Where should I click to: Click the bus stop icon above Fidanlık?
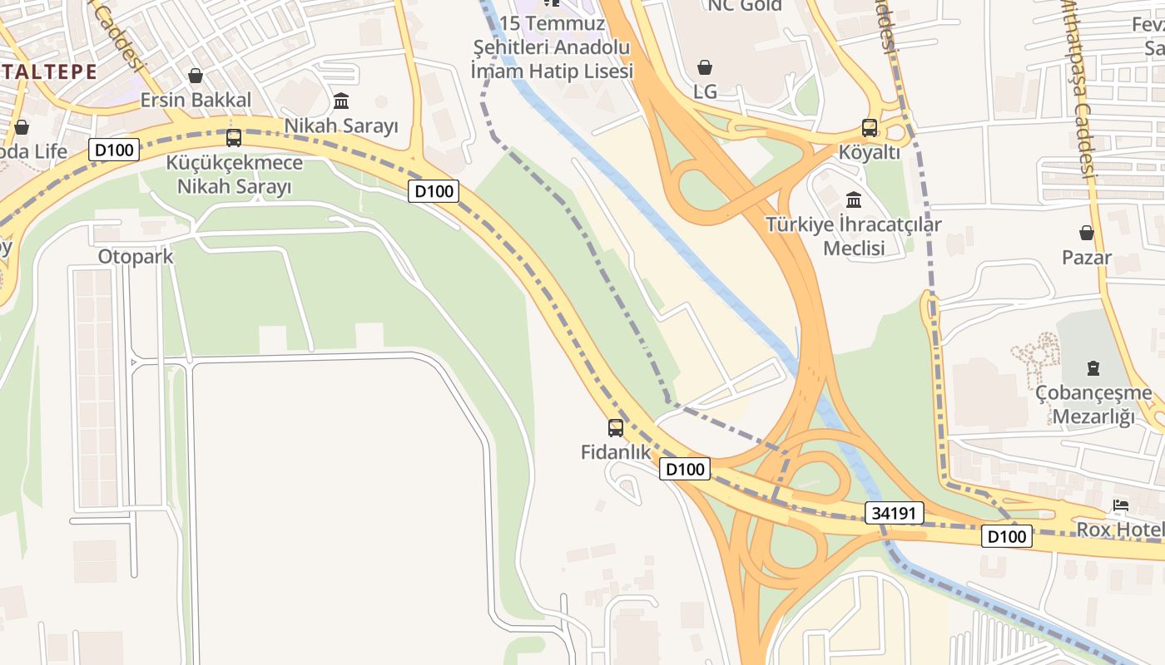pyautogui.click(x=615, y=428)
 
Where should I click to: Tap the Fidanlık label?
pyautogui.click(x=615, y=452)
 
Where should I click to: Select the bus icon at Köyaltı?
pyautogui.click(x=870, y=128)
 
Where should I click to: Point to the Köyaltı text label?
pyautogui.click(x=870, y=152)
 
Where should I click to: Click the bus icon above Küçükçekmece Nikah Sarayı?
pyautogui.click(x=234, y=138)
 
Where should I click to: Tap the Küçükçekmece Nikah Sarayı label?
pyautogui.click(x=234, y=174)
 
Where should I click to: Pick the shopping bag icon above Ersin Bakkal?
pyautogui.click(x=196, y=76)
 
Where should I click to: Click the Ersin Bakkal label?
pyautogui.click(x=196, y=101)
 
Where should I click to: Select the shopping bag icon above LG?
pyautogui.click(x=705, y=67)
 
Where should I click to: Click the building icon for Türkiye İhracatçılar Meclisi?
pyautogui.click(x=854, y=200)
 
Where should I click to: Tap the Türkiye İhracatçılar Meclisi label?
pyautogui.click(x=854, y=236)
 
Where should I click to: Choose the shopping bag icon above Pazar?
pyautogui.click(x=1086, y=233)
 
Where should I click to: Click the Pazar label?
pyautogui.click(x=1086, y=258)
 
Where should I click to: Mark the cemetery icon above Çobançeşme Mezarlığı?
pyautogui.click(x=1093, y=368)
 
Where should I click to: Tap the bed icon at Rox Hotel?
pyautogui.click(x=1121, y=505)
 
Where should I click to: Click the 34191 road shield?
pyautogui.click(x=895, y=514)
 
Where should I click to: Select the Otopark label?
pyautogui.click(x=136, y=256)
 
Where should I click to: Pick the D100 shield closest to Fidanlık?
pyautogui.click(x=686, y=469)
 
